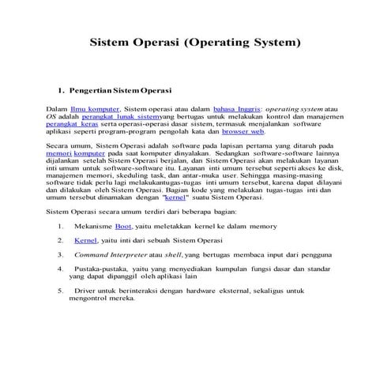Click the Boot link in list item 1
point(123,227)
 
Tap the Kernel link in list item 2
point(85,240)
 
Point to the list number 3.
point(60,254)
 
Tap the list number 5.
point(60,291)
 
